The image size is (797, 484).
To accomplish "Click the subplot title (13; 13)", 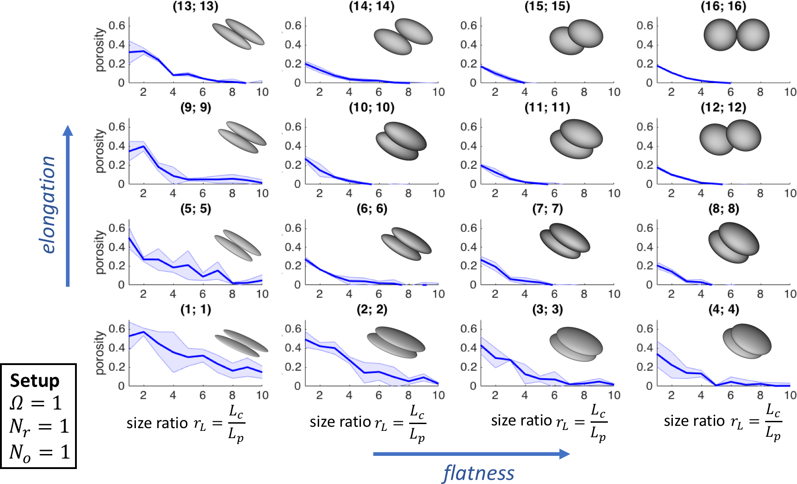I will (x=195, y=6).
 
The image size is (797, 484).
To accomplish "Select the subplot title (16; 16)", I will (x=723, y=6).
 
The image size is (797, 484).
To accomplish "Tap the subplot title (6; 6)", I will (x=372, y=209).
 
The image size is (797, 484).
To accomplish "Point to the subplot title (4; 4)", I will (x=723, y=310).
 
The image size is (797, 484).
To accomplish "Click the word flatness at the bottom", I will (x=479, y=473).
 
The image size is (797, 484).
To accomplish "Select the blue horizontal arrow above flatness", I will (x=471, y=454).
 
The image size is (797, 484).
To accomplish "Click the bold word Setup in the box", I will (x=35, y=380).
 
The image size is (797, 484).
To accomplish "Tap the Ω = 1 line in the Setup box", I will (x=36, y=403).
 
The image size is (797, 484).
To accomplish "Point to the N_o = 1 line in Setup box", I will (x=40, y=452).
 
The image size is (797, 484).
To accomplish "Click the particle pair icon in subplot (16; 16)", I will (x=737, y=35).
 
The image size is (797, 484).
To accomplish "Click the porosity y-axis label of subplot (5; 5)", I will (x=100, y=252).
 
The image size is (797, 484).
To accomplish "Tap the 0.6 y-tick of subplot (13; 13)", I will (x=117, y=25).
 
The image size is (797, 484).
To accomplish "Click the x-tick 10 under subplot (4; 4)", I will (x=790, y=395).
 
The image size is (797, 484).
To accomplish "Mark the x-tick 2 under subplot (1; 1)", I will (x=143, y=395).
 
